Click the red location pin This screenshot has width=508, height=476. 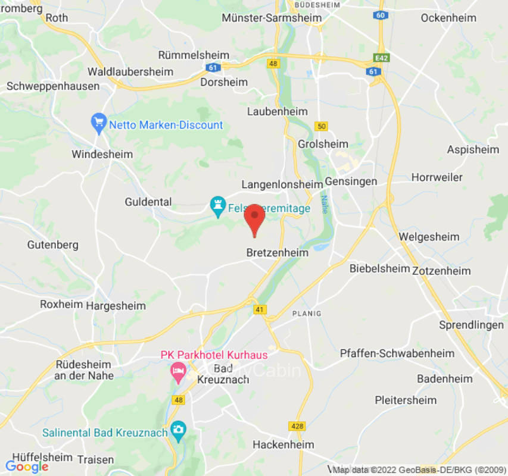[x=255, y=218]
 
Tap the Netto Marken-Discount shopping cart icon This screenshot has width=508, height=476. [x=98, y=124]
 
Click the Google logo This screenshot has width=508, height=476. [x=27, y=466]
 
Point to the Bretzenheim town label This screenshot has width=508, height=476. [x=278, y=253]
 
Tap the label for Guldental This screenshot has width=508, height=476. [x=148, y=202]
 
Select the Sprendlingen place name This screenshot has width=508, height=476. [x=471, y=325]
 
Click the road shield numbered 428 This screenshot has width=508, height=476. [x=297, y=426]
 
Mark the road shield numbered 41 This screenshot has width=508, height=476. [x=260, y=309]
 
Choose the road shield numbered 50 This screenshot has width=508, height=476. [x=322, y=126]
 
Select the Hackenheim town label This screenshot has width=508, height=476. [x=283, y=444]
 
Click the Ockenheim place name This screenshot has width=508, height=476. [x=448, y=18]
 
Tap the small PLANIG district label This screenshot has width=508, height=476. [x=306, y=314]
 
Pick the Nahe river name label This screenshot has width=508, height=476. [x=325, y=205]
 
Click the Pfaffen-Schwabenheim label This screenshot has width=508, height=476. [x=397, y=353]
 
